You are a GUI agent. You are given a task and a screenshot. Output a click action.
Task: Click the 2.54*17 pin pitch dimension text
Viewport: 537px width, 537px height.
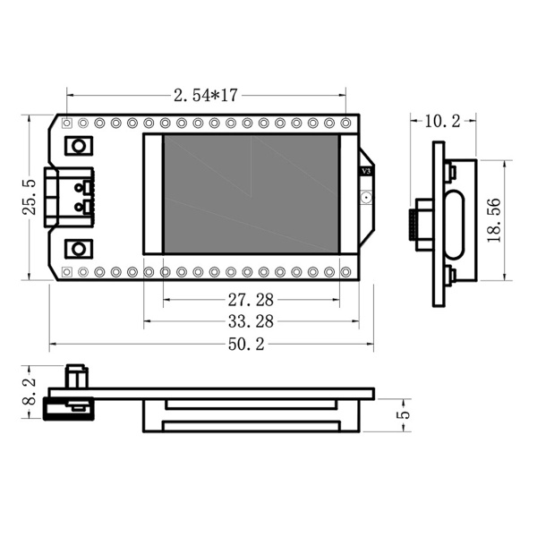pyautogui.click(x=205, y=94)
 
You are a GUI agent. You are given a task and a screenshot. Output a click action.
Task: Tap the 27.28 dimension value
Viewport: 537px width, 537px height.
pyautogui.click(x=251, y=298)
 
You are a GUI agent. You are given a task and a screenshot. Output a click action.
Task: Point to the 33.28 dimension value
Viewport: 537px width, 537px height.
pyautogui.click(x=251, y=320)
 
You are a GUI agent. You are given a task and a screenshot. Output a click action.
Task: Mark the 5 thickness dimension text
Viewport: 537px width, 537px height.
pyautogui.click(x=404, y=413)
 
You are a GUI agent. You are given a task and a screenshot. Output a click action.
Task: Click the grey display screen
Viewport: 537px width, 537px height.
pyautogui.click(x=251, y=193)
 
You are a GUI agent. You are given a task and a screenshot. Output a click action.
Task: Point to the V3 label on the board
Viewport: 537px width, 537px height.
pyautogui.click(x=365, y=171)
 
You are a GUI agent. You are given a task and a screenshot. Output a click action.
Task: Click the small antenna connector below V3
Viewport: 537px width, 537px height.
pyautogui.click(x=365, y=196)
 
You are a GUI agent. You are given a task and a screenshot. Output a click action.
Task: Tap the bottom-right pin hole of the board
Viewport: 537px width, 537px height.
pyautogui.click(x=346, y=270)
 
